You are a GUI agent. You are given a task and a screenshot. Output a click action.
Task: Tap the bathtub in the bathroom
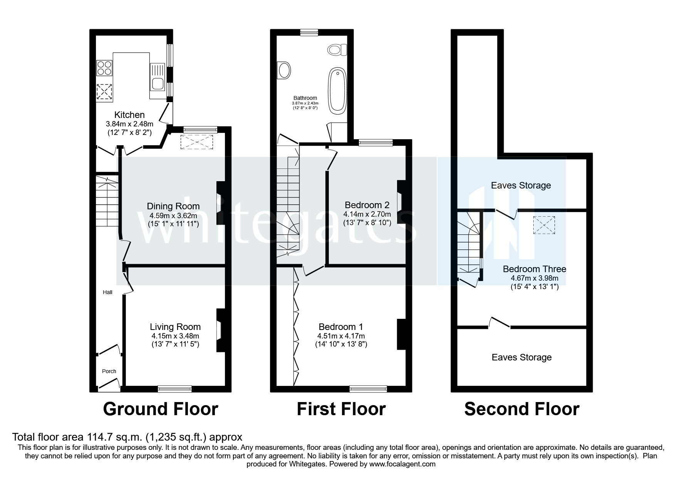(x=337, y=91)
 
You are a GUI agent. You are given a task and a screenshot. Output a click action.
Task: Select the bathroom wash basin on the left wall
(x=284, y=71)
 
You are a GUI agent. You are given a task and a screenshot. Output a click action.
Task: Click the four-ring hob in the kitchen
(x=104, y=68)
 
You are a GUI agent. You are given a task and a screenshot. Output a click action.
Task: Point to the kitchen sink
(x=158, y=83)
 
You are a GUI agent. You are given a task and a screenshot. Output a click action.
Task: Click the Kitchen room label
(x=129, y=115)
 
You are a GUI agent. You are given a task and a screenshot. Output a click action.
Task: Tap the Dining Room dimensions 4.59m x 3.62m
(x=173, y=215)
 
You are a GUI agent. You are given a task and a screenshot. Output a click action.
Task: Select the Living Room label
(x=175, y=327)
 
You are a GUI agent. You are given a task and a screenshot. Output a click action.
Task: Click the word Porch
(x=109, y=371)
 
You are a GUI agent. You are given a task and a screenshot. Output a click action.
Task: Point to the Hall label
(x=107, y=293)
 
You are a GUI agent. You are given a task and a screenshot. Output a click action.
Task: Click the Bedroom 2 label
(x=367, y=205)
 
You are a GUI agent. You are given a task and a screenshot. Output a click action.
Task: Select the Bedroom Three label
(x=535, y=269)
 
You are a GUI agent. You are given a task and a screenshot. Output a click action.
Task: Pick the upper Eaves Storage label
(x=521, y=185)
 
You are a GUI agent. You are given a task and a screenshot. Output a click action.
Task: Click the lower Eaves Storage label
(x=521, y=357)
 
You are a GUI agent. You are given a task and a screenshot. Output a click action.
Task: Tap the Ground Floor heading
(x=161, y=409)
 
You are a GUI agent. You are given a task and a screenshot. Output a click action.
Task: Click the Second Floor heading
(x=521, y=409)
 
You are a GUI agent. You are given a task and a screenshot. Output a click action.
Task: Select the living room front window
(x=175, y=389)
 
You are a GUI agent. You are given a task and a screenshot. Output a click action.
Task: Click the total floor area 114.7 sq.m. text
(x=127, y=437)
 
